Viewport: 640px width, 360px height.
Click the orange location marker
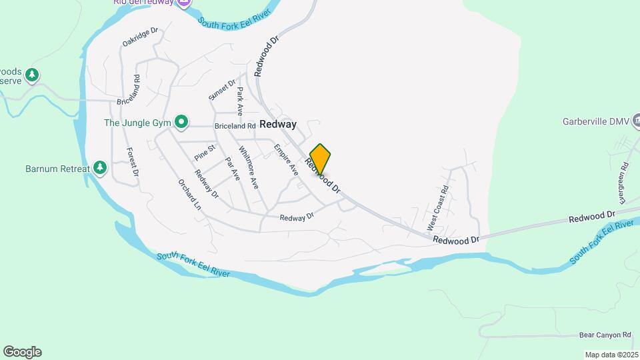(x=320, y=159)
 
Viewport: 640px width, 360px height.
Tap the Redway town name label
(x=278, y=124)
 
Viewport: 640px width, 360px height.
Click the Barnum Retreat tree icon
(x=100, y=167)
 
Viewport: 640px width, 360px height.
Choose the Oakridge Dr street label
(x=140, y=37)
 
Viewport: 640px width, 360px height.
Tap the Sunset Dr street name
(x=223, y=90)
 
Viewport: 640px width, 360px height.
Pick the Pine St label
(x=205, y=153)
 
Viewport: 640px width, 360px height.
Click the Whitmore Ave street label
(x=248, y=168)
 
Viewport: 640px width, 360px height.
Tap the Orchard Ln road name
(x=189, y=195)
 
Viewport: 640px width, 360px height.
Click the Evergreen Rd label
(x=623, y=183)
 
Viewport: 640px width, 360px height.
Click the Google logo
(x=22, y=352)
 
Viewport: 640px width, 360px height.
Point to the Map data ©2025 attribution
(x=610, y=355)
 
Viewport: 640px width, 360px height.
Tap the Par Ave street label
(x=232, y=168)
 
